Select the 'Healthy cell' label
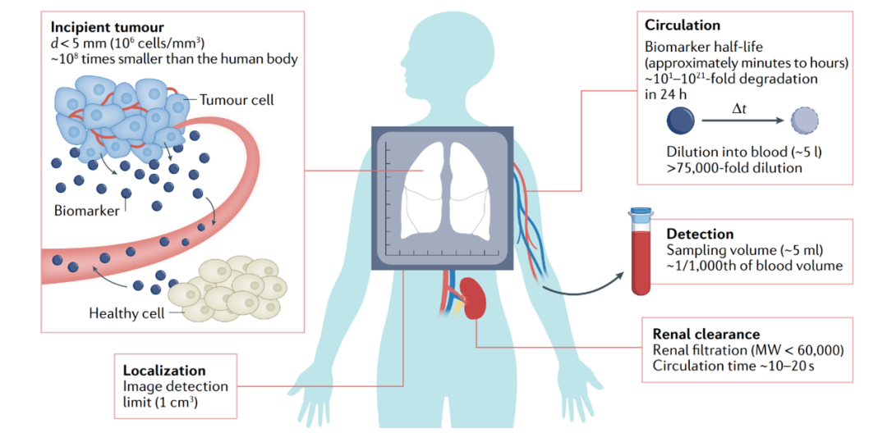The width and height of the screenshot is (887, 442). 126,313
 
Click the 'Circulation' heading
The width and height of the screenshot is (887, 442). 682,25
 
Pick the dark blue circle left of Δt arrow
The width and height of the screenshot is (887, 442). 682,123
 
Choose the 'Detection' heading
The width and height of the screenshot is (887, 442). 700,235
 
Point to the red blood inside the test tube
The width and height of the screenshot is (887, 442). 641,262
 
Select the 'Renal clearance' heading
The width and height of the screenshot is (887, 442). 705,335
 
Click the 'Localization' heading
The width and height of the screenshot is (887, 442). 164,371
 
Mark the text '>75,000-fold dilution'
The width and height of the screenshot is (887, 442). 734,168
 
